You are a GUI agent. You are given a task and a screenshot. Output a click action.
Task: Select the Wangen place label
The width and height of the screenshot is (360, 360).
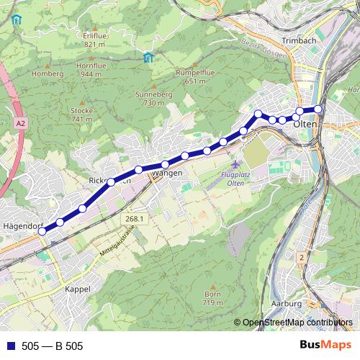167,174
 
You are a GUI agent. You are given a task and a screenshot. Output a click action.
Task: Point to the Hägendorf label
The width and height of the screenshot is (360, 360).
22,226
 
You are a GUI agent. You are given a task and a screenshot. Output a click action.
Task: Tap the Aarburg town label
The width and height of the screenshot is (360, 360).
286,304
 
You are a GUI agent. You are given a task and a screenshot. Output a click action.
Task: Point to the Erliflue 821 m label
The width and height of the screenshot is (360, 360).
94,40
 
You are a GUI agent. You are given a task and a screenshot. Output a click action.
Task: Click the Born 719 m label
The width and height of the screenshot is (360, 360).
212,299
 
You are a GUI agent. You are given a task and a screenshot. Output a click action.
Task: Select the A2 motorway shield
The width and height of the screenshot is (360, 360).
19,124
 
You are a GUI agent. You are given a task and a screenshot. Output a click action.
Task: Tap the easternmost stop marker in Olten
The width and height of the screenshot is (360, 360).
318,109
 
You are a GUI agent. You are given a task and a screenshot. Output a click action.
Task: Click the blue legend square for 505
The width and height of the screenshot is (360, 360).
9,346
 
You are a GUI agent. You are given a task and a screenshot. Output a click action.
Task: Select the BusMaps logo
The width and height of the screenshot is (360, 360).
325,346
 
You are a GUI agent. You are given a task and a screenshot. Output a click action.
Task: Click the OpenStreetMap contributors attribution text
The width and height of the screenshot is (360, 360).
297,323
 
